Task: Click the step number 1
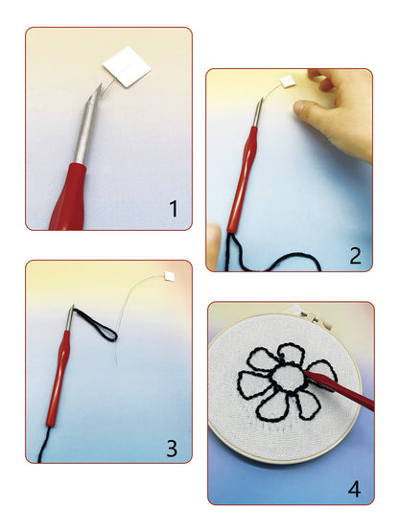(174, 209)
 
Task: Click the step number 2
(355, 256)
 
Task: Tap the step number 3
(172, 448)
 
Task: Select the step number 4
(354, 489)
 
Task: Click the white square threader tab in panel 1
(128, 67)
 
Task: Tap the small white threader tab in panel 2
(286, 81)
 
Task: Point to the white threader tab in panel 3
(169, 276)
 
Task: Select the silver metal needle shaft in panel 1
(87, 126)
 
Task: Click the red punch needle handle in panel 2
(241, 179)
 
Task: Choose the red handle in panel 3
(58, 379)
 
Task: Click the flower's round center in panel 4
(288, 378)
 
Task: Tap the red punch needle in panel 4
(339, 389)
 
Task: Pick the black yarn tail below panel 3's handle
(43, 445)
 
